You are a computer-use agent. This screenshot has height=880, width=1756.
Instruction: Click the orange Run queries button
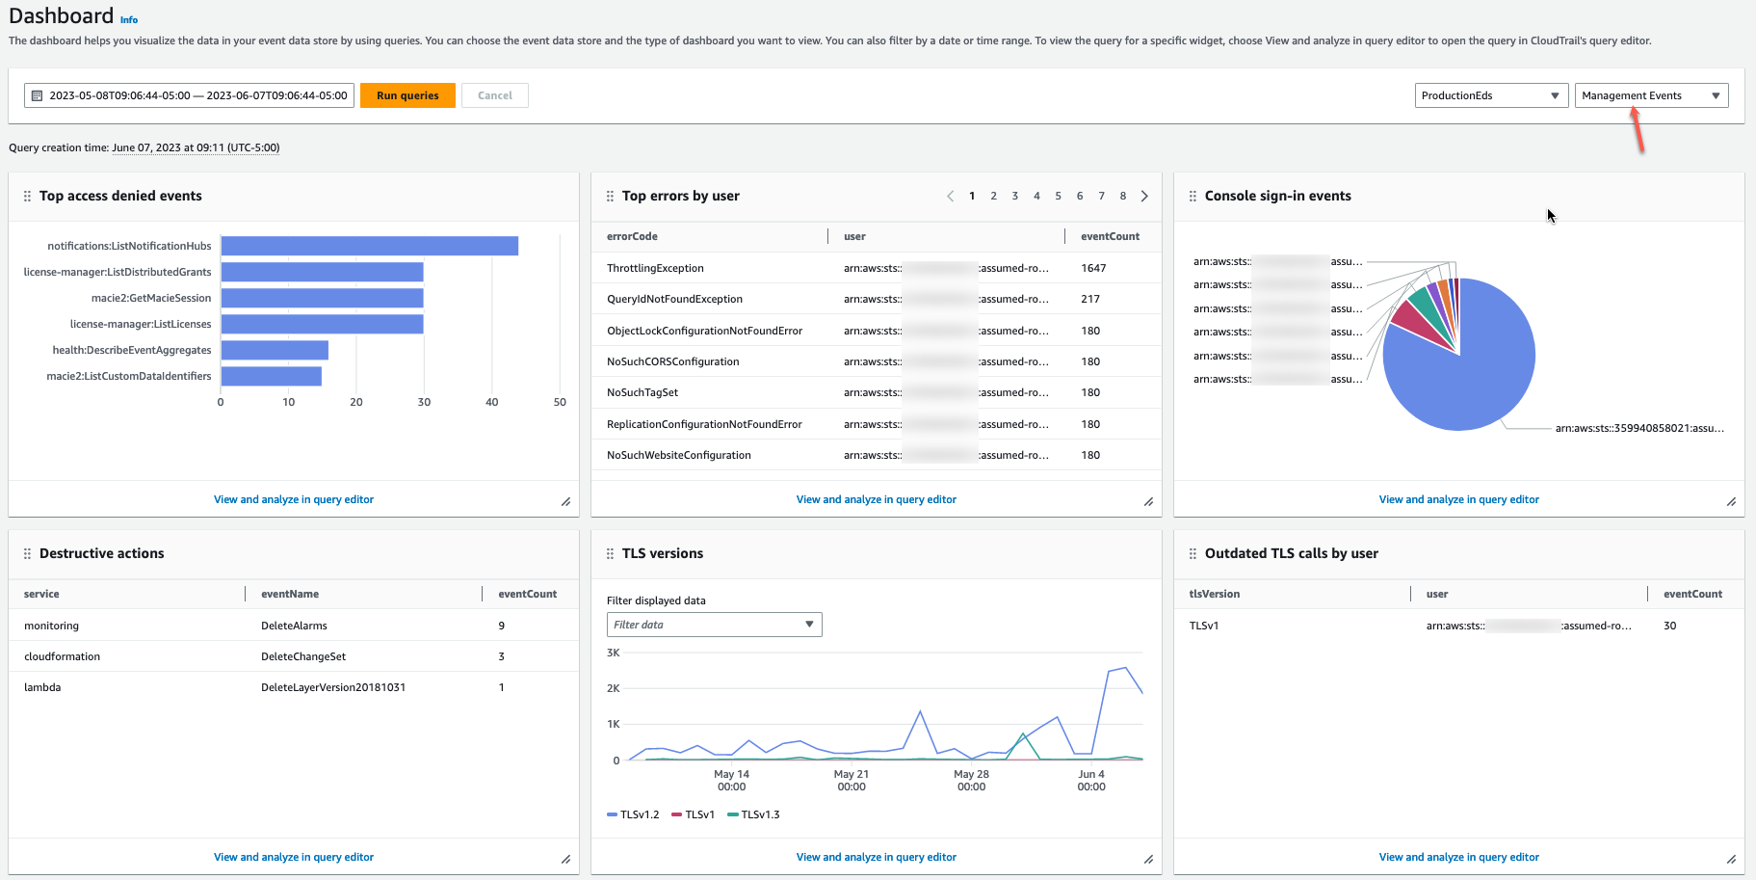(x=407, y=95)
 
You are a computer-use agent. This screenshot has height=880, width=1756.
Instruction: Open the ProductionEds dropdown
(x=1490, y=95)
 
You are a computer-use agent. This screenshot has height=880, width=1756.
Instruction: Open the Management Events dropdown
(x=1651, y=95)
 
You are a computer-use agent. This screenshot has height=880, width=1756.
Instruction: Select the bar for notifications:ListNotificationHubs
(x=369, y=246)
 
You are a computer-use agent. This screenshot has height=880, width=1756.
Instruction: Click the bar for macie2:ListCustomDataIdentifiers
(x=271, y=376)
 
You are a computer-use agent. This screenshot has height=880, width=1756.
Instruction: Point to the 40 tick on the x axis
(x=492, y=402)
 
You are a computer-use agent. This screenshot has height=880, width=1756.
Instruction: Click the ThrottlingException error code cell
(x=655, y=268)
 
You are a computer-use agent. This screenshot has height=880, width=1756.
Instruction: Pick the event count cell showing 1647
(x=1093, y=268)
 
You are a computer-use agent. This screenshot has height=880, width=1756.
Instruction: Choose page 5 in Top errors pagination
(x=1058, y=196)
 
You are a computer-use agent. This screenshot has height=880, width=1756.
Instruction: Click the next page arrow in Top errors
(x=1144, y=196)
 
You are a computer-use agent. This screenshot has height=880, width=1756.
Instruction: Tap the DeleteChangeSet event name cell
(x=303, y=656)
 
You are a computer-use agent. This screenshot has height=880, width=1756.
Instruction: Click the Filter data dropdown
(x=714, y=625)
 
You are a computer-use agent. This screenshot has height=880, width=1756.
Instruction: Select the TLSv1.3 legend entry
(x=754, y=814)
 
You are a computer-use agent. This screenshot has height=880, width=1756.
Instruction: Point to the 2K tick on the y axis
(x=614, y=688)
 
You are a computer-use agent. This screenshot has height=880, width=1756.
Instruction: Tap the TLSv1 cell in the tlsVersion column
(x=1204, y=626)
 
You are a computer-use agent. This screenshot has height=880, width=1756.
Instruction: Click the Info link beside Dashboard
(x=129, y=20)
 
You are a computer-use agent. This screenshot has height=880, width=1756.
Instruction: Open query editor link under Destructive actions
(x=294, y=857)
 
